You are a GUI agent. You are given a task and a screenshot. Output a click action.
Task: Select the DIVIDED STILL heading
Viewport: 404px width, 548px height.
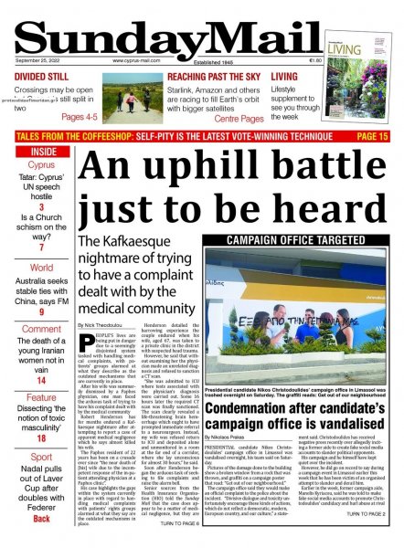click(x=39, y=77)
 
